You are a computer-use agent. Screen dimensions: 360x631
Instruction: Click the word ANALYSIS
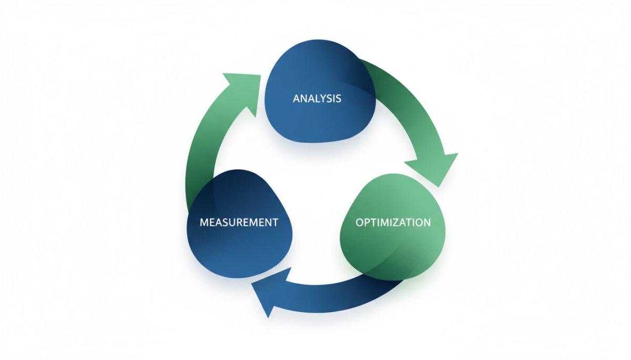click(x=317, y=98)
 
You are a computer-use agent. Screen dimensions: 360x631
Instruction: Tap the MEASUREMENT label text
click(x=239, y=222)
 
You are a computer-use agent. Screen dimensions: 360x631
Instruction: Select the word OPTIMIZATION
click(x=393, y=222)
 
